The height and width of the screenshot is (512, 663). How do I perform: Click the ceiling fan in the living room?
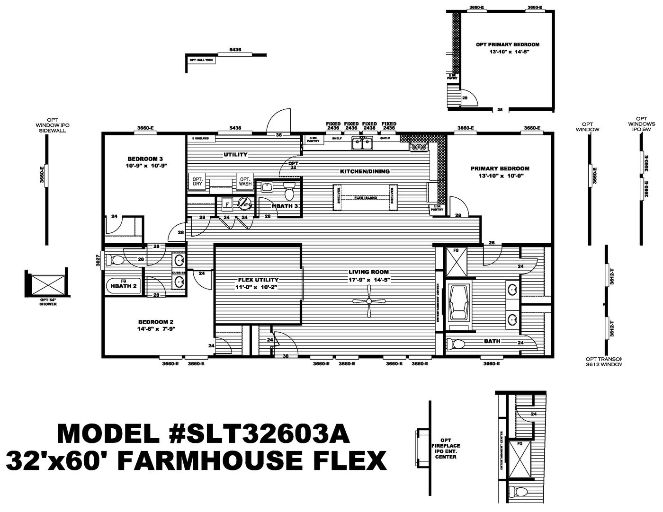369,301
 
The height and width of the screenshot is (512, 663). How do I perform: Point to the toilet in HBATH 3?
289,192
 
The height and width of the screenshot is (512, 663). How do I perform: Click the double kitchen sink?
363,143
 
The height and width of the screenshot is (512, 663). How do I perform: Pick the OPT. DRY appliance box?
197,181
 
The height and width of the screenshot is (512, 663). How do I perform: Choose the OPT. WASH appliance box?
245,181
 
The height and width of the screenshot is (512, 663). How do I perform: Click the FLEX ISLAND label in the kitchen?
366,197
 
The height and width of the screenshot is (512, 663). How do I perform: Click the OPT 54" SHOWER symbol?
46,285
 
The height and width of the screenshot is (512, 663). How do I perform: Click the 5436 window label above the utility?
235,128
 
